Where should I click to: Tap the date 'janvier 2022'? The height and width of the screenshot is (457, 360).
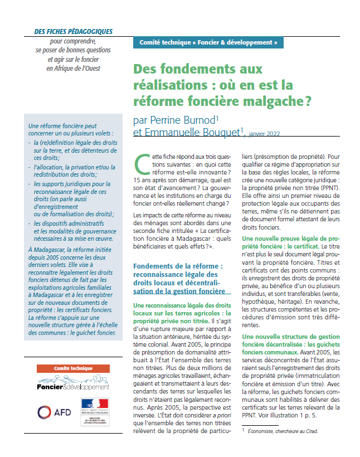(x=265, y=133)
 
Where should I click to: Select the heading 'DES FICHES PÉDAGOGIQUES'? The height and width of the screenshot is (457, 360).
(x=73, y=32)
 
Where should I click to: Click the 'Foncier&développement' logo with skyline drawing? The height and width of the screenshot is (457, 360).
(x=73, y=384)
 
